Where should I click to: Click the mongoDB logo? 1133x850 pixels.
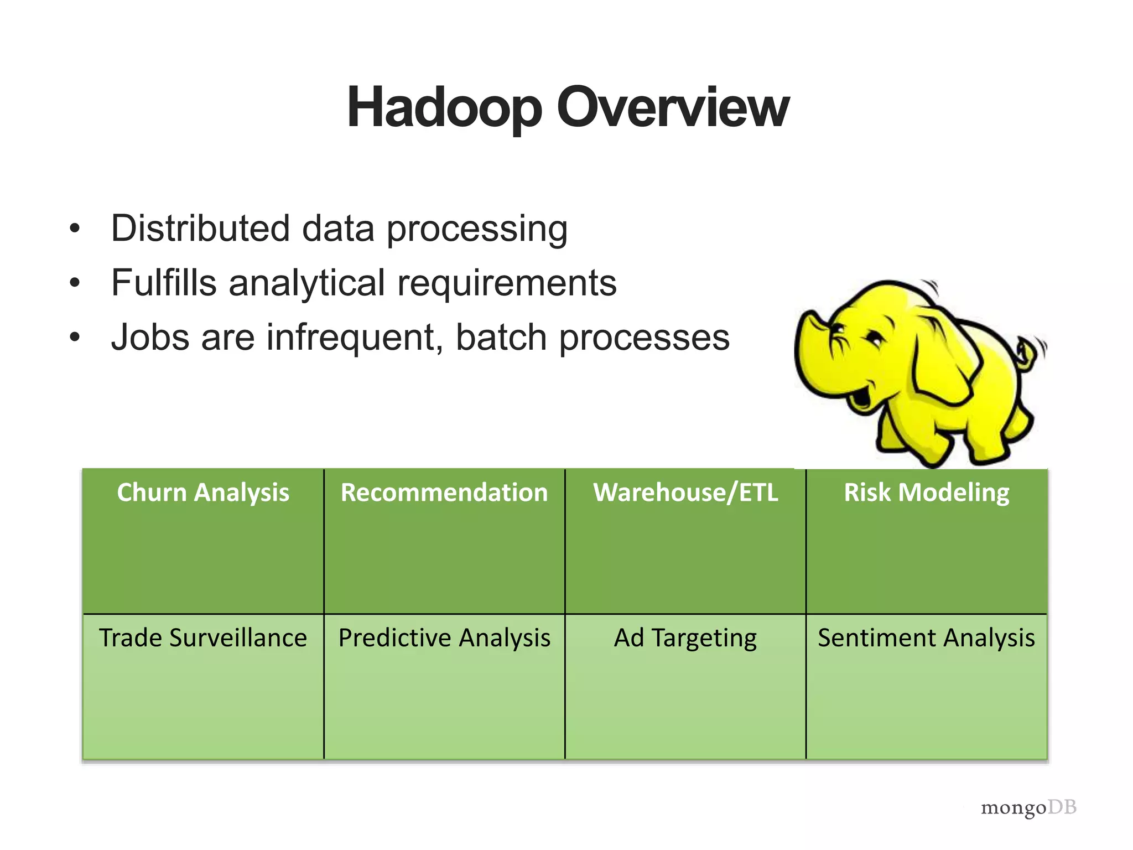[x=1028, y=807]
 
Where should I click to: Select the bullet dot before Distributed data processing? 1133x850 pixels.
[x=75, y=229]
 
